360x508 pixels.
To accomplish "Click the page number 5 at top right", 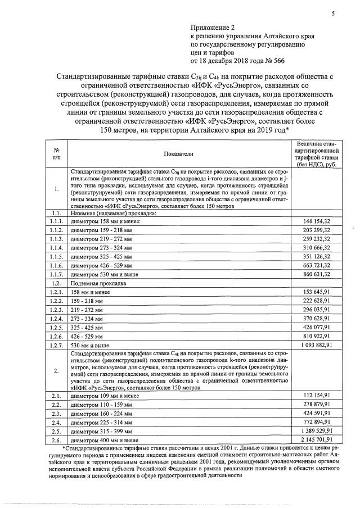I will [x=332, y=6].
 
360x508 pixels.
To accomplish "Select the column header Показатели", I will [x=178, y=153].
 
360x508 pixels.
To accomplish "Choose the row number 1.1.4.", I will [x=56, y=248].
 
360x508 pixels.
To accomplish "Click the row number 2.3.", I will [x=56, y=413].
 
